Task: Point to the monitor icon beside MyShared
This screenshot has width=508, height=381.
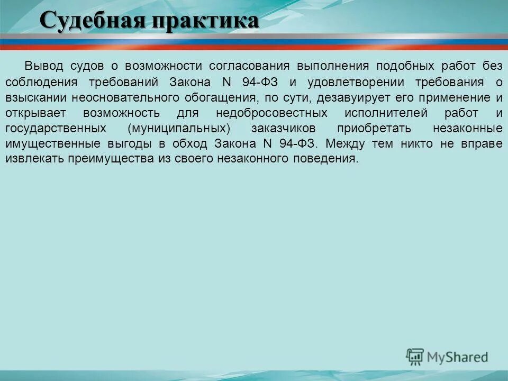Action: [x=415, y=357]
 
